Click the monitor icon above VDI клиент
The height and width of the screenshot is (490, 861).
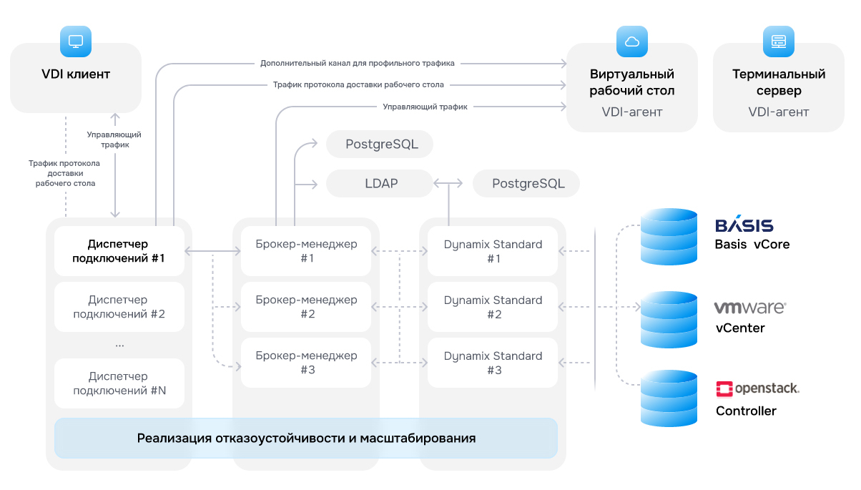(76, 41)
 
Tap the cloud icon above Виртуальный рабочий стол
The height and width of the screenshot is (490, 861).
(632, 41)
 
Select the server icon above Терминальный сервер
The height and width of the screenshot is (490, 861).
(778, 41)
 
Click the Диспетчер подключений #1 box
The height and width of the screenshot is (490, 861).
(119, 251)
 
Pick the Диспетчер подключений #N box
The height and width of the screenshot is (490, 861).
(119, 383)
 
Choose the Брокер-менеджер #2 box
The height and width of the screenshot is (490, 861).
(306, 307)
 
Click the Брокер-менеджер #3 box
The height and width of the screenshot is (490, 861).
(306, 362)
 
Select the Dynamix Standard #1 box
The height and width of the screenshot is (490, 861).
(493, 251)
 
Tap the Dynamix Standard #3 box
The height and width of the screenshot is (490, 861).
(493, 362)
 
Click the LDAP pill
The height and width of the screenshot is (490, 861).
(380, 183)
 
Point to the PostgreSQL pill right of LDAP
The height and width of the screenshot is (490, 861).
(526, 183)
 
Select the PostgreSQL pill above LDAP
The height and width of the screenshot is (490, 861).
(380, 144)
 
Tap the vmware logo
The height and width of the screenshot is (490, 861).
(750, 308)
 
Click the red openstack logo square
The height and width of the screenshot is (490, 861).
(724, 389)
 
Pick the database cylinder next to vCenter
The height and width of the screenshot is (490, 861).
(669, 320)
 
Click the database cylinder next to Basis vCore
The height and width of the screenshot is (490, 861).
(669, 237)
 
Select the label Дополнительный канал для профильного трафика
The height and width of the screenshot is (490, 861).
(357, 63)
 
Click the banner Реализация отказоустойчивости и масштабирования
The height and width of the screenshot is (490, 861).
(306, 438)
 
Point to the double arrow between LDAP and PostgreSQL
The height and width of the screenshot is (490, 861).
(448, 183)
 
